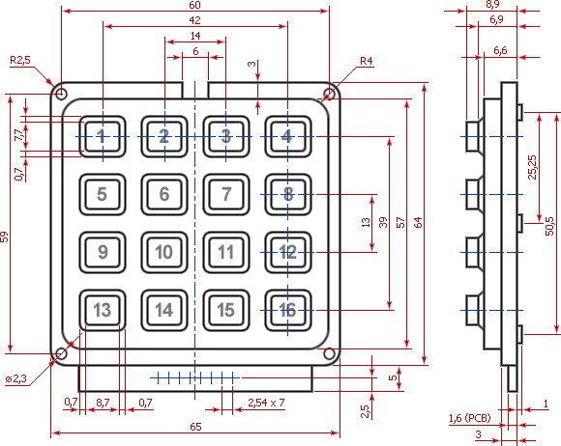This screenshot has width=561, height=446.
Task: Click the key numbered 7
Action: pos(226,195)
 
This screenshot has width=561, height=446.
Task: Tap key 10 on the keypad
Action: pos(164,253)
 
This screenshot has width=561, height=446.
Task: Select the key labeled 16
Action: pos(288,310)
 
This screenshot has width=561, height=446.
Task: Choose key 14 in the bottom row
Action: pos(164,310)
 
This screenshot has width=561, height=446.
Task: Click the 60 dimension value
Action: pos(194,5)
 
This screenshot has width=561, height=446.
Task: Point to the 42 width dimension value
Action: pos(194,20)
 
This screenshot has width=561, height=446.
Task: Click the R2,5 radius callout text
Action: pos(20,61)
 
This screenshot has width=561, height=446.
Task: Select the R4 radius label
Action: pos(366,61)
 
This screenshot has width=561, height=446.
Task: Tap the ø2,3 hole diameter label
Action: pos(16,378)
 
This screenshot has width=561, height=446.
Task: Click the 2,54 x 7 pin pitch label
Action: pos(266,403)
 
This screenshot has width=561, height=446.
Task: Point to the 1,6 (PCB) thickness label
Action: pos(470,418)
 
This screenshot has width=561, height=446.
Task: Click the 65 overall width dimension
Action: pos(195,427)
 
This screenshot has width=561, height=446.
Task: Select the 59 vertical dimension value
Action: pos(4,237)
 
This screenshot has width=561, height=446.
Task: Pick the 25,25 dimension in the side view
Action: pos(532,167)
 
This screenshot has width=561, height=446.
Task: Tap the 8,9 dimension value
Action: pos(492,5)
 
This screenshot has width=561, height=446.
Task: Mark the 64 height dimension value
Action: pos(418,222)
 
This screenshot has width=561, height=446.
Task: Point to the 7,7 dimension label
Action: pos(19,135)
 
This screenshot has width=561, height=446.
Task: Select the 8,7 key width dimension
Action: pos(103,403)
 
